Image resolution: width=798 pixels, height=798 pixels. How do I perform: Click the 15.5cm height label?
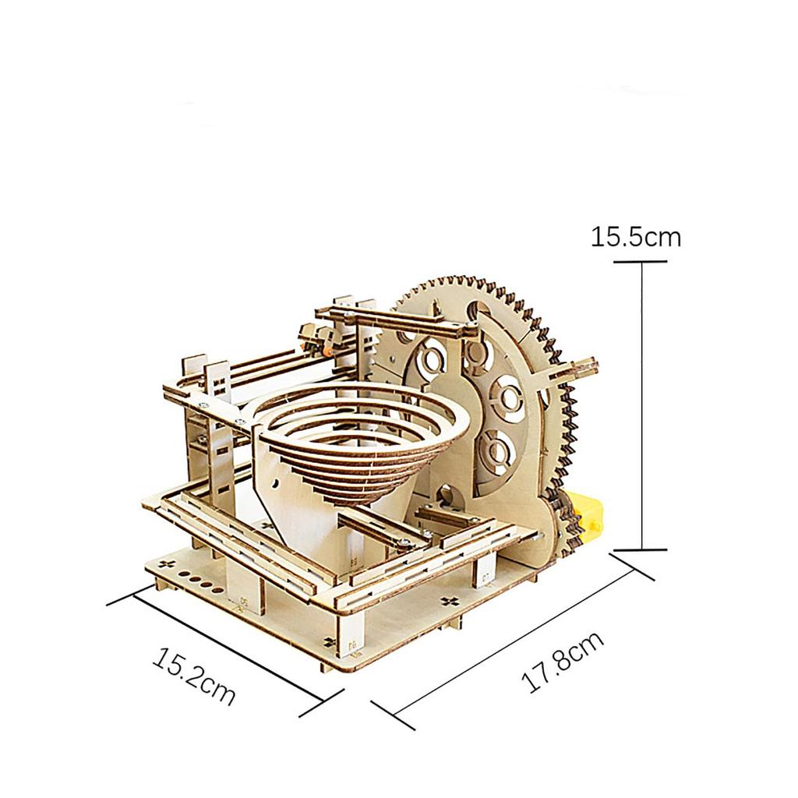click(635, 235)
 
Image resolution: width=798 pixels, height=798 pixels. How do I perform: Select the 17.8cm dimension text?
click(563, 662)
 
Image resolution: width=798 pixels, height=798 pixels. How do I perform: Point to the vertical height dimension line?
click(641, 405)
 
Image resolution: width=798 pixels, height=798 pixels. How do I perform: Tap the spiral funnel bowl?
click(358, 444)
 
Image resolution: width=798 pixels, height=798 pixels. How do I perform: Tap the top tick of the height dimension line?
click(641, 262)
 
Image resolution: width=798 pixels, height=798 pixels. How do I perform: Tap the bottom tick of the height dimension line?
click(641, 549)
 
